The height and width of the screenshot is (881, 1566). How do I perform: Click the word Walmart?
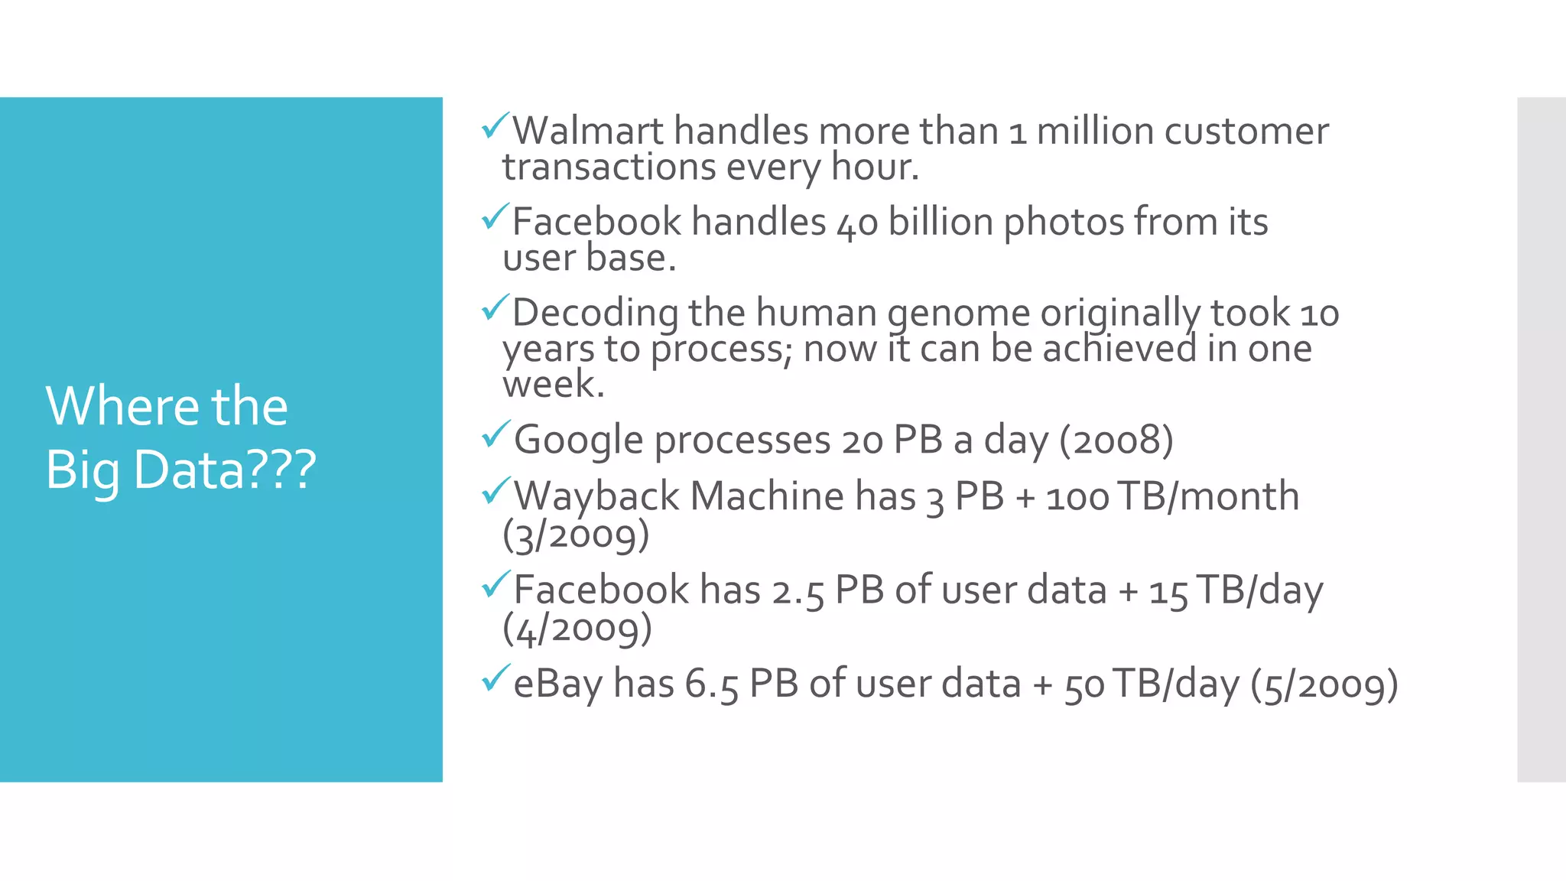click(587, 132)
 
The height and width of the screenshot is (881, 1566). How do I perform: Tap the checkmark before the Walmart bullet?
click(495, 125)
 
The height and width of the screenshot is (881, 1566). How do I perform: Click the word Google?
click(578, 441)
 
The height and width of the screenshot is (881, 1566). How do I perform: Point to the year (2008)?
click(1116, 440)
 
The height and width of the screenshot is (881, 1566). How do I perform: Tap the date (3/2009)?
click(576, 535)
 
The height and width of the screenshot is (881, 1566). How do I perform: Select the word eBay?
click(557, 684)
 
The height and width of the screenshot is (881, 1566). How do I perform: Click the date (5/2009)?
click(1324, 684)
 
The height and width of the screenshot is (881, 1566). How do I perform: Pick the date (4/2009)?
click(577, 629)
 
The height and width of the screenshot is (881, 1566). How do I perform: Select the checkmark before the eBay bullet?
click(495, 678)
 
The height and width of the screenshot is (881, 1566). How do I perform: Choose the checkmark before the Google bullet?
click(495, 434)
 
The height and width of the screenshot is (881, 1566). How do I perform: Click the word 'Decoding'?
click(595, 314)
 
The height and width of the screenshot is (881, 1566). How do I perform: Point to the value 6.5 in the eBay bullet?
click(711, 684)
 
